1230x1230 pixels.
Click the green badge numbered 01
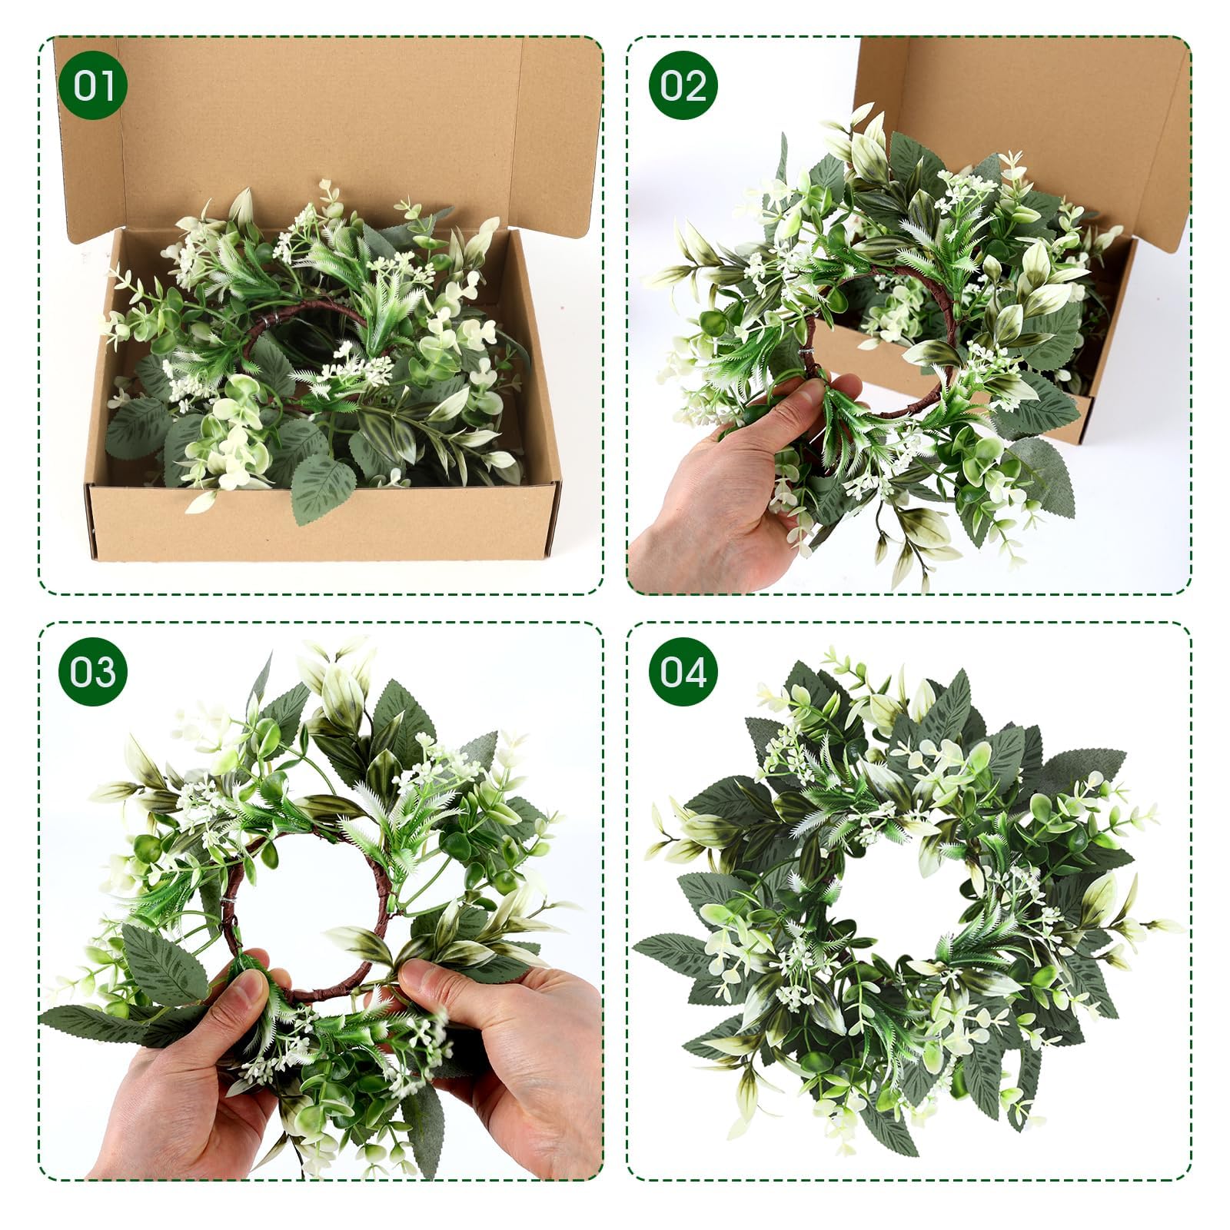pyautogui.click(x=92, y=85)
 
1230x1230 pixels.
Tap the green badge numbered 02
pyautogui.click(x=683, y=85)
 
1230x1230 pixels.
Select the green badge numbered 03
pyautogui.click(x=92, y=672)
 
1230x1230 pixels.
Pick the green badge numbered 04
pyautogui.click(x=683, y=672)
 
